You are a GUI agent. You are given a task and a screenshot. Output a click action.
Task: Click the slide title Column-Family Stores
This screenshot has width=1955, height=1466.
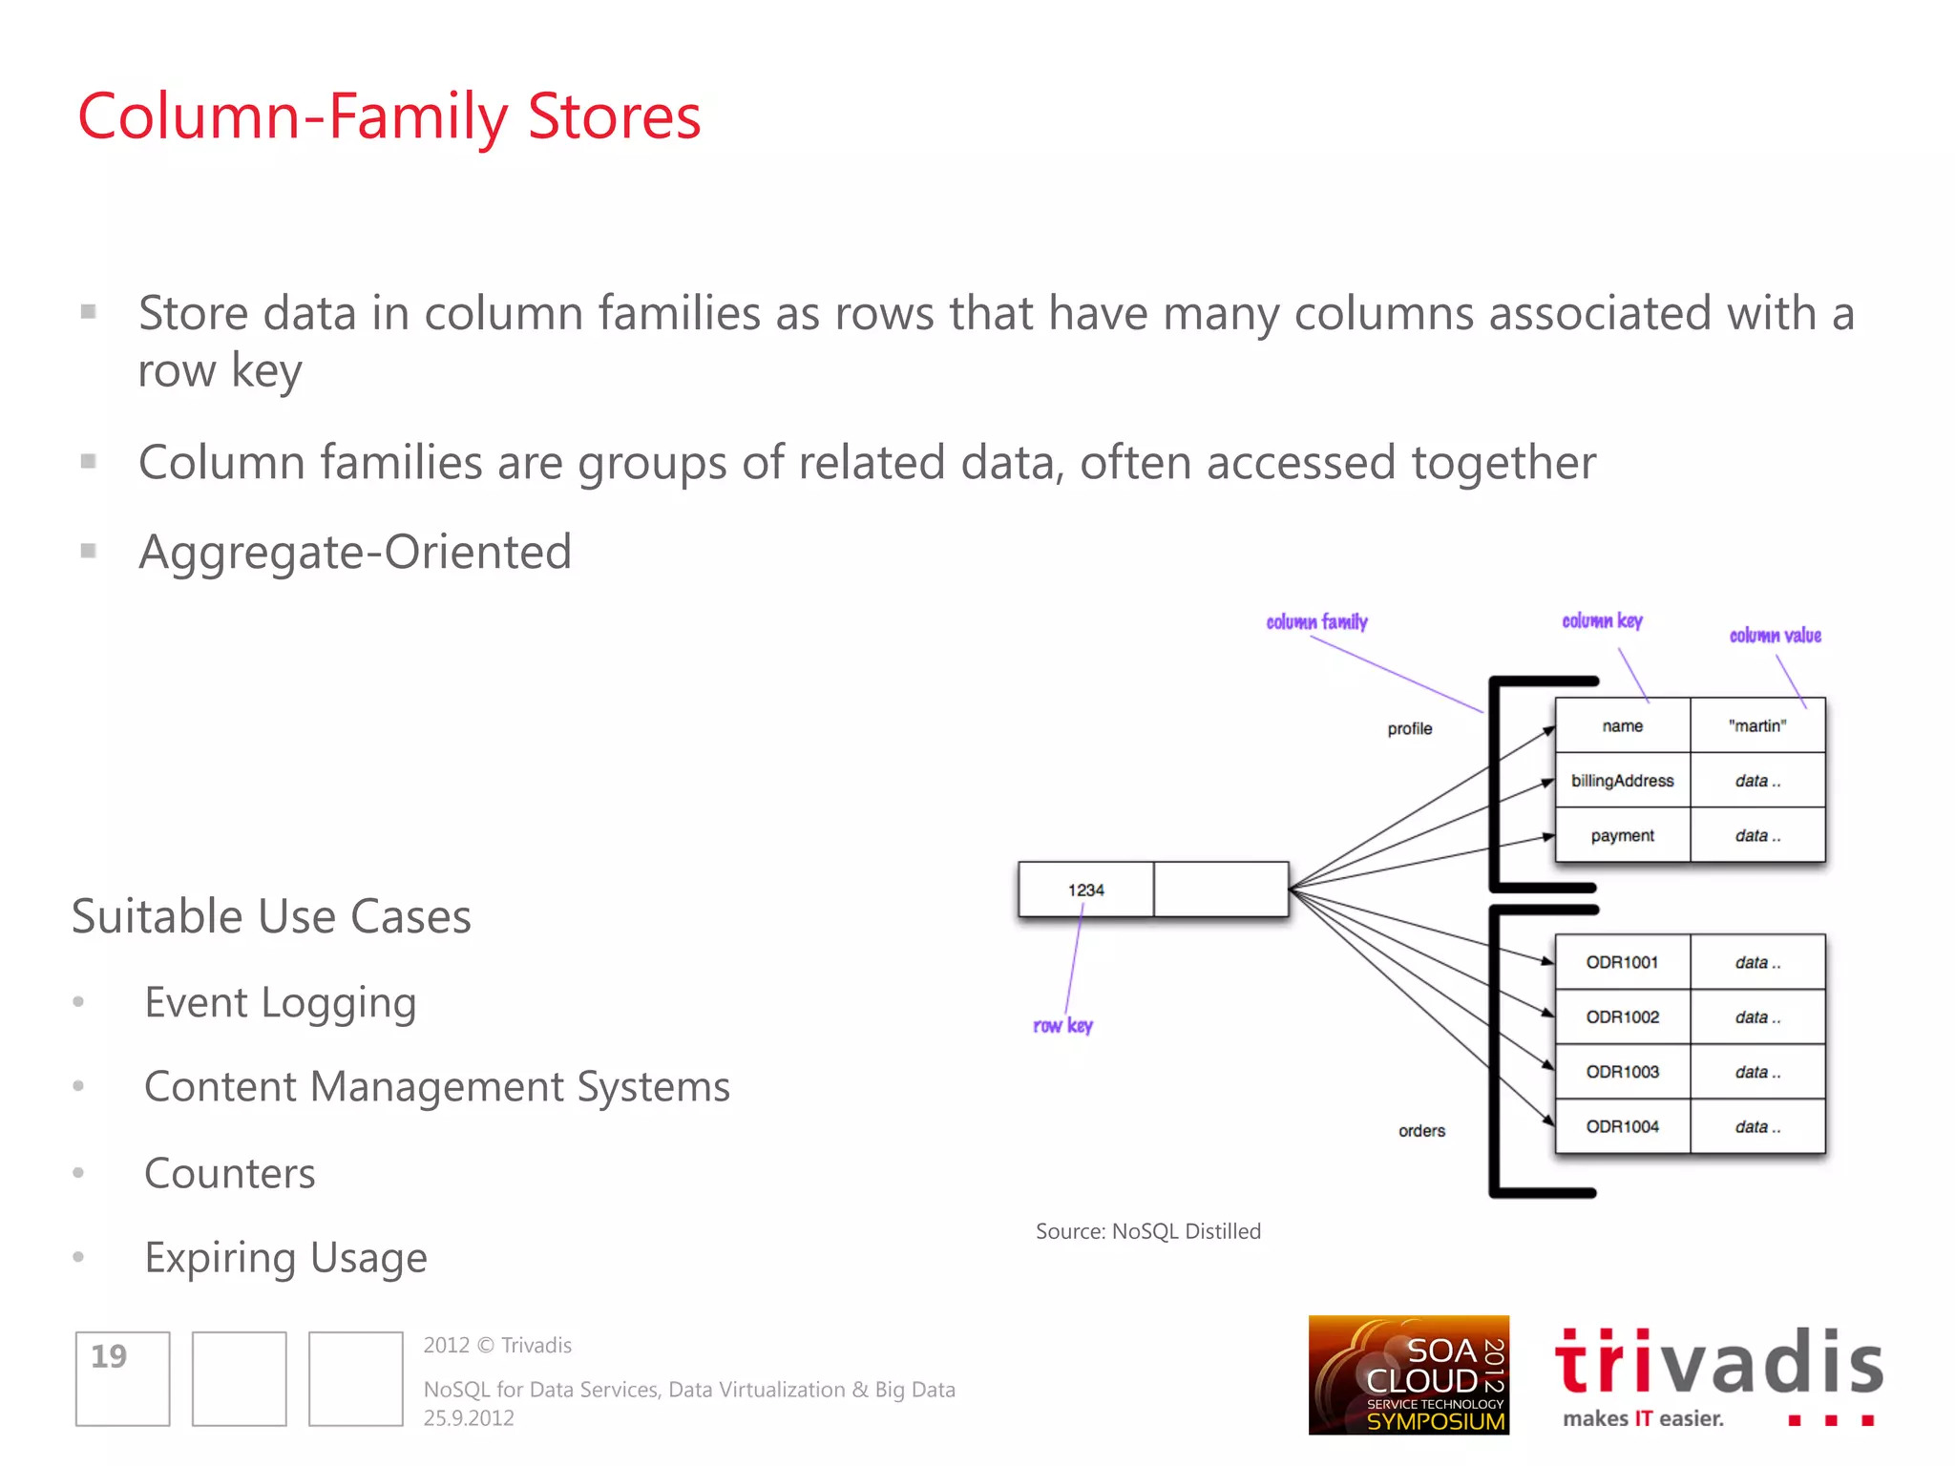(x=389, y=116)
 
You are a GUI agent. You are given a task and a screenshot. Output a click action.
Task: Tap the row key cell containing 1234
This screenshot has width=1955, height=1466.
(x=1085, y=890)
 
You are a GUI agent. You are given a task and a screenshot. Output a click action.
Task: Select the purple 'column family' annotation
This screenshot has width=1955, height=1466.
(x=1316, y=622)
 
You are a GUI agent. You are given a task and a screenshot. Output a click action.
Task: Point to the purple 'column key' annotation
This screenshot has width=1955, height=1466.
(x=1602, y=621)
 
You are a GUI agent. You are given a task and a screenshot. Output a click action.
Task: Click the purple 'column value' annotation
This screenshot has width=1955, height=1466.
(x=1775, y=636)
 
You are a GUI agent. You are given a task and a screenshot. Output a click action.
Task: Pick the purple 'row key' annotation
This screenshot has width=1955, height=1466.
(x=1062, y=1026)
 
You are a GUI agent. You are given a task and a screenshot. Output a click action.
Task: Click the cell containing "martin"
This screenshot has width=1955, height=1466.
(x=1756, y=726)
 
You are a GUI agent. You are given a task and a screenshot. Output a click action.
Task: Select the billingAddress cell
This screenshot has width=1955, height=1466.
(x=1622, y=781)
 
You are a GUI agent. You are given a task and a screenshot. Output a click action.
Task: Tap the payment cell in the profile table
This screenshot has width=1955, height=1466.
(x=1622, y=836)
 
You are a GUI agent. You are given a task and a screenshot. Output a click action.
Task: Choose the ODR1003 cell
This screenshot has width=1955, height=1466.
(x=1622, y=1072)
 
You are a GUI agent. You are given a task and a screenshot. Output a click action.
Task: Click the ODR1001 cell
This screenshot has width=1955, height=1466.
(x=1622, y=962)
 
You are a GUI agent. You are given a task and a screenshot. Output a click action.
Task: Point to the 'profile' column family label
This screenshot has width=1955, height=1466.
(x=1409, y=729)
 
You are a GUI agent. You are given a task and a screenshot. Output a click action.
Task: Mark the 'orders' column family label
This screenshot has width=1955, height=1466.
(x=1421, y=1131)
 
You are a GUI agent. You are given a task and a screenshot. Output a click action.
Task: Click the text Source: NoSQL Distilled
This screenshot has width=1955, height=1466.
(x=1147, y=1231)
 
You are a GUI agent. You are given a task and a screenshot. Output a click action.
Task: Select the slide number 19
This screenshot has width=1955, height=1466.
(x=109, y=1356)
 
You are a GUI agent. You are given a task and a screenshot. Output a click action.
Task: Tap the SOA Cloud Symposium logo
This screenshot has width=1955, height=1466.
(x=1408, y=1375)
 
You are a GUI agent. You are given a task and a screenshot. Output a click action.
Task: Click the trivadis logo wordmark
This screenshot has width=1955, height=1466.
(x=1718, y=1363)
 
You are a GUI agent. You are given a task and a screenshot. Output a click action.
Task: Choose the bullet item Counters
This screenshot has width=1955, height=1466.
(x=229, y=1173)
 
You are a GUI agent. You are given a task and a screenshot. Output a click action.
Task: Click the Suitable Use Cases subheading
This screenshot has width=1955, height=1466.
(x=271, y=916)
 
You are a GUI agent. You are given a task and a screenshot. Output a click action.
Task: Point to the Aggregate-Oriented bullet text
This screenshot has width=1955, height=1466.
(x=355, y=552)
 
